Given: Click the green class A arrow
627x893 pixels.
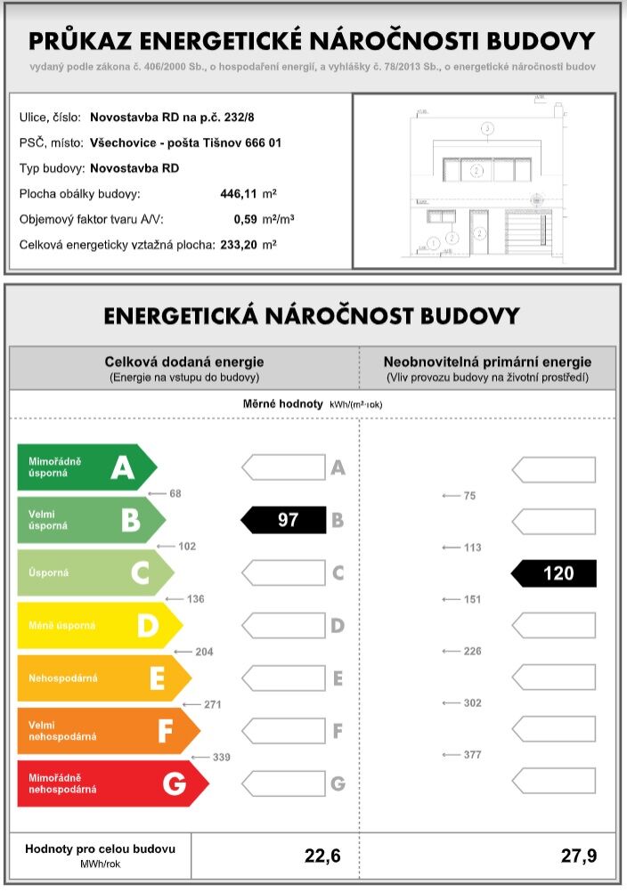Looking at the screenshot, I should tap(85, 467).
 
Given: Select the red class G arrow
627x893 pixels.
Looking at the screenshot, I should tap(111, 783).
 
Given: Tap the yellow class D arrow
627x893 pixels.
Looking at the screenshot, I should tap(98, 626).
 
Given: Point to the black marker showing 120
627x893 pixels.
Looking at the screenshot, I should tap(555, 573).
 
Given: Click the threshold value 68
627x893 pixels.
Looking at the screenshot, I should tap(175, 493).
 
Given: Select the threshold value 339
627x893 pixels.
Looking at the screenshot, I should tap(222, 757).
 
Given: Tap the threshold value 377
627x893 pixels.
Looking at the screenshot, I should tap(472, 755).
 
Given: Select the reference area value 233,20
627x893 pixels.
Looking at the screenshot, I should tap(239, 244).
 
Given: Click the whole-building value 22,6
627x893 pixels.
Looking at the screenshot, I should tap(322, 856).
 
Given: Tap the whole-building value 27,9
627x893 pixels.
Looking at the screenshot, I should tap(579, 856).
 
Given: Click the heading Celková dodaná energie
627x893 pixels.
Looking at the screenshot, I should tap(184, 362).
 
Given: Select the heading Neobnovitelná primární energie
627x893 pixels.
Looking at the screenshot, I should tap(487, 362).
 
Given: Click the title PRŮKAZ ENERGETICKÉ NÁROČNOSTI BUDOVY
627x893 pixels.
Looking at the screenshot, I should tap(313, 41).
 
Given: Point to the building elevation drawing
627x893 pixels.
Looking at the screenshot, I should tap(484, 181).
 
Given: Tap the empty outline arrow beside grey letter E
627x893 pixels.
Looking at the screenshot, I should tap(283, 678).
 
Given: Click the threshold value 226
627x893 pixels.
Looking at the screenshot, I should tap(472, 652).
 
